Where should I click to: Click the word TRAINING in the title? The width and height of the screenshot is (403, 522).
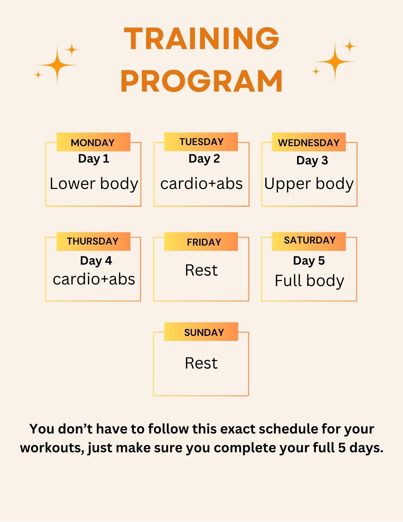201,39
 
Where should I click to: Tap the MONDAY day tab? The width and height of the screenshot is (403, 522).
93,142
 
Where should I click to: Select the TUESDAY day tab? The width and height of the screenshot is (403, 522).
201,142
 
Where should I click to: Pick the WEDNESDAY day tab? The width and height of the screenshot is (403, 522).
309,142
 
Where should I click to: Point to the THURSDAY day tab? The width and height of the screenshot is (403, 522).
93,241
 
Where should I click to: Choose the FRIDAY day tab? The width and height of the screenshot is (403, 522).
201,241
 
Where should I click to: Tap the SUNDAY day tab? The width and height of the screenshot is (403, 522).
201,331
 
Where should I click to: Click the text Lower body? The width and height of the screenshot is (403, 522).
94,184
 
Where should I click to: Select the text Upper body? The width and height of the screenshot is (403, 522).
309,184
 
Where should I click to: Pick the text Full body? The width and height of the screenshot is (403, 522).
309,281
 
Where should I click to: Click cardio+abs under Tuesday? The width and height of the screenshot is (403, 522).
201,184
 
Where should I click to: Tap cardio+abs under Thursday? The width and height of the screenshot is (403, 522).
94,279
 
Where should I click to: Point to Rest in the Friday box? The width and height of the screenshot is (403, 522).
201,270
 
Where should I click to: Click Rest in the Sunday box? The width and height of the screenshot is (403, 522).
201,363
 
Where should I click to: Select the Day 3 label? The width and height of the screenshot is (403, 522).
312,161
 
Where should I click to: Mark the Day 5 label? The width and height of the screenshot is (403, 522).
309,261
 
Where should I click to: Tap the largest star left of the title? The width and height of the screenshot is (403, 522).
57,65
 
